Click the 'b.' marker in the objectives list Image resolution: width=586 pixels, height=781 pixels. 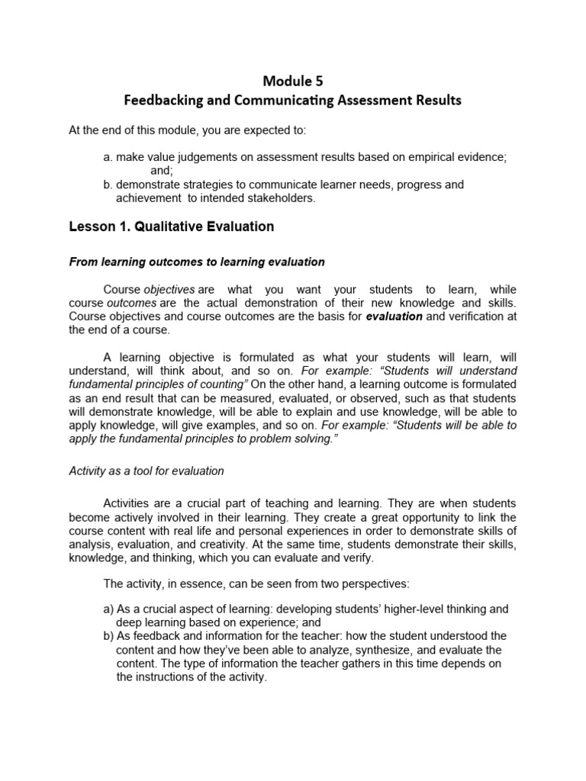(108, 185)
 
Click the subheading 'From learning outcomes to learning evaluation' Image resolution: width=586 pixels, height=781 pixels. (197, 262)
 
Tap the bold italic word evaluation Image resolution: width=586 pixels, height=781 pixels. (394, 317)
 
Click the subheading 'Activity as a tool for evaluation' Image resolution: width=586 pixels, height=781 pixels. (146, 471)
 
